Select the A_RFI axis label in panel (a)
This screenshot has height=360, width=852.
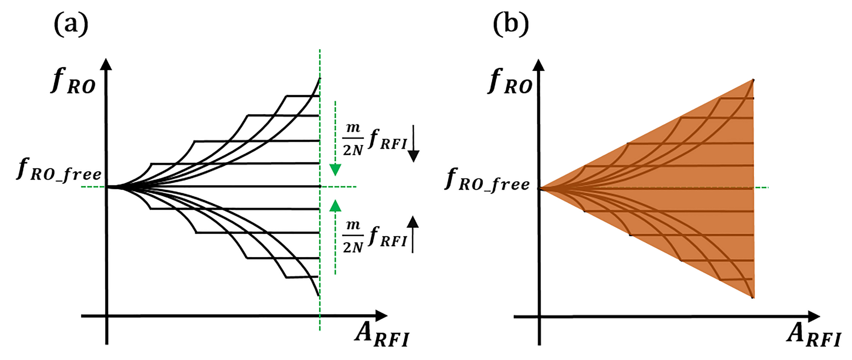[x=382, y=335]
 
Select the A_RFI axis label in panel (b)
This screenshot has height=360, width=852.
[x=814, y=335]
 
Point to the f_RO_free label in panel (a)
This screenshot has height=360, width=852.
[x=59, y=169]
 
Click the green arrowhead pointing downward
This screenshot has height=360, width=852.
[x=335, y=169]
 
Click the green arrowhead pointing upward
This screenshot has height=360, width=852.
[x=335, y=206]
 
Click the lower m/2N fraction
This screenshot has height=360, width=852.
[x=353, y=237]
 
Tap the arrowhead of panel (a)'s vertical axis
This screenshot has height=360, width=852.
[x=106, y=64]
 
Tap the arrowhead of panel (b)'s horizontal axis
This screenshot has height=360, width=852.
[x=814, y=317]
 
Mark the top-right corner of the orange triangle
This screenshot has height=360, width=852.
[x=753, y=80]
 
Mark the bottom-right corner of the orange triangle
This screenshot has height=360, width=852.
[x=753, y=297]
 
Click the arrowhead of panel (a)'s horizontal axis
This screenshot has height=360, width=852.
[x=381, y=316]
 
